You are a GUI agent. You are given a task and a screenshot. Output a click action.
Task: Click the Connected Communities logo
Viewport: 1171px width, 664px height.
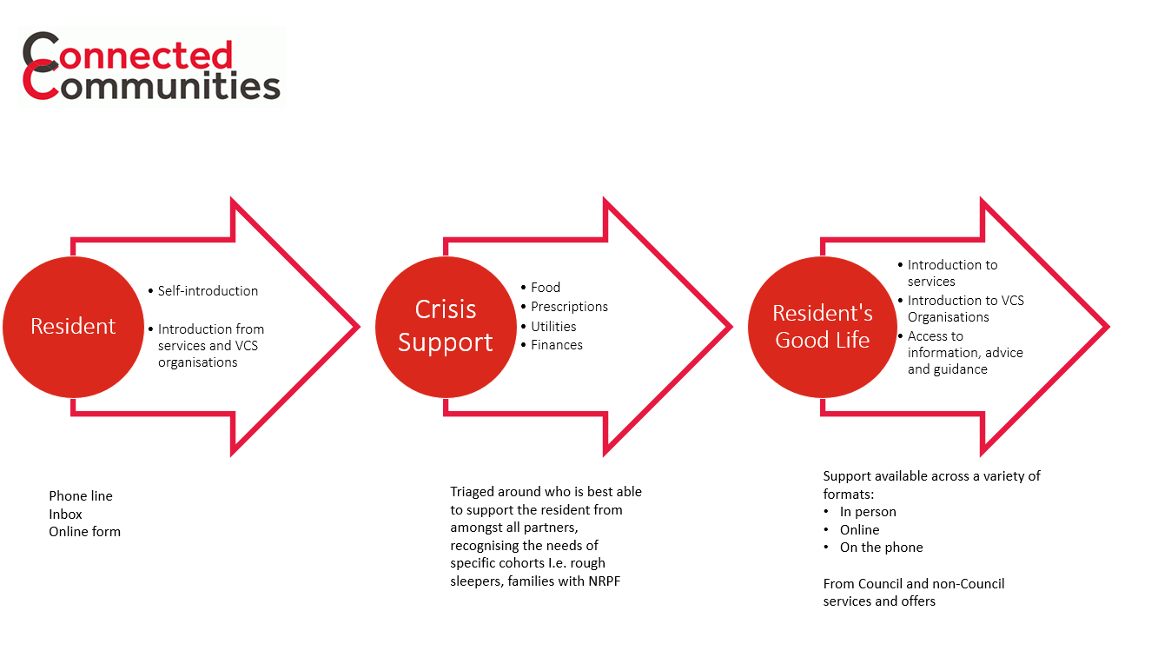pos(152,66)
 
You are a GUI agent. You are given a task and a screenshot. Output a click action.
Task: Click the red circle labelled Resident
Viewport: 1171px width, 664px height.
pos(73,327)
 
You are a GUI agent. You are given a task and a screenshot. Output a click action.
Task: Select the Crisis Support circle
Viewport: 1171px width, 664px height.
pos(445,327)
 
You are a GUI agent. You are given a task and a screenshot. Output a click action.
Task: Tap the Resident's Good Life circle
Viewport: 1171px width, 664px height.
pos(822,327)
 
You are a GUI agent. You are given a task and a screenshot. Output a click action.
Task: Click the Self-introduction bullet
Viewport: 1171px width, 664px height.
pos(208,291)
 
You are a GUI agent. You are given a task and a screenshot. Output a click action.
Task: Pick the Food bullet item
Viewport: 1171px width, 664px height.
pos(546,288)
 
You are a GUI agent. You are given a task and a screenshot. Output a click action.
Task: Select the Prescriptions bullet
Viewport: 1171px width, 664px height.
pos(569,307)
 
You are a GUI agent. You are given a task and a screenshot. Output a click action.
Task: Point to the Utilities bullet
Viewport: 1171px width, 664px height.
pos(553,327)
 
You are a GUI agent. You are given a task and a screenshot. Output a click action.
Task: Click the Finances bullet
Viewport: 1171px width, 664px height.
pos(557,345)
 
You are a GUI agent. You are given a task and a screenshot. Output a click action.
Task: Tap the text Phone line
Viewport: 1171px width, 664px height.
pos(81,496)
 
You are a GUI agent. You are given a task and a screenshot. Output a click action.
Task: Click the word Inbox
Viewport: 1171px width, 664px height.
pos(66,514)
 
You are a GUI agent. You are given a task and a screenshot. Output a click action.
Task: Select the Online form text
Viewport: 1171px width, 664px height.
pos(84,531)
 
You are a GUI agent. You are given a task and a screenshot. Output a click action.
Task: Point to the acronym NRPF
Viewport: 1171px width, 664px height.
pos(604,581)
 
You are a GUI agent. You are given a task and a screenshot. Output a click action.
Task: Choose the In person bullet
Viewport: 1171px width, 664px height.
pos(868,512)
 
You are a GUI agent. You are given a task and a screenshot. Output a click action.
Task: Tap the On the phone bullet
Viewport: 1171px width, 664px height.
pos(881,548)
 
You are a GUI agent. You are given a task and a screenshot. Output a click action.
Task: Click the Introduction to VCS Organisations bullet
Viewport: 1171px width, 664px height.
pos(965,309)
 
